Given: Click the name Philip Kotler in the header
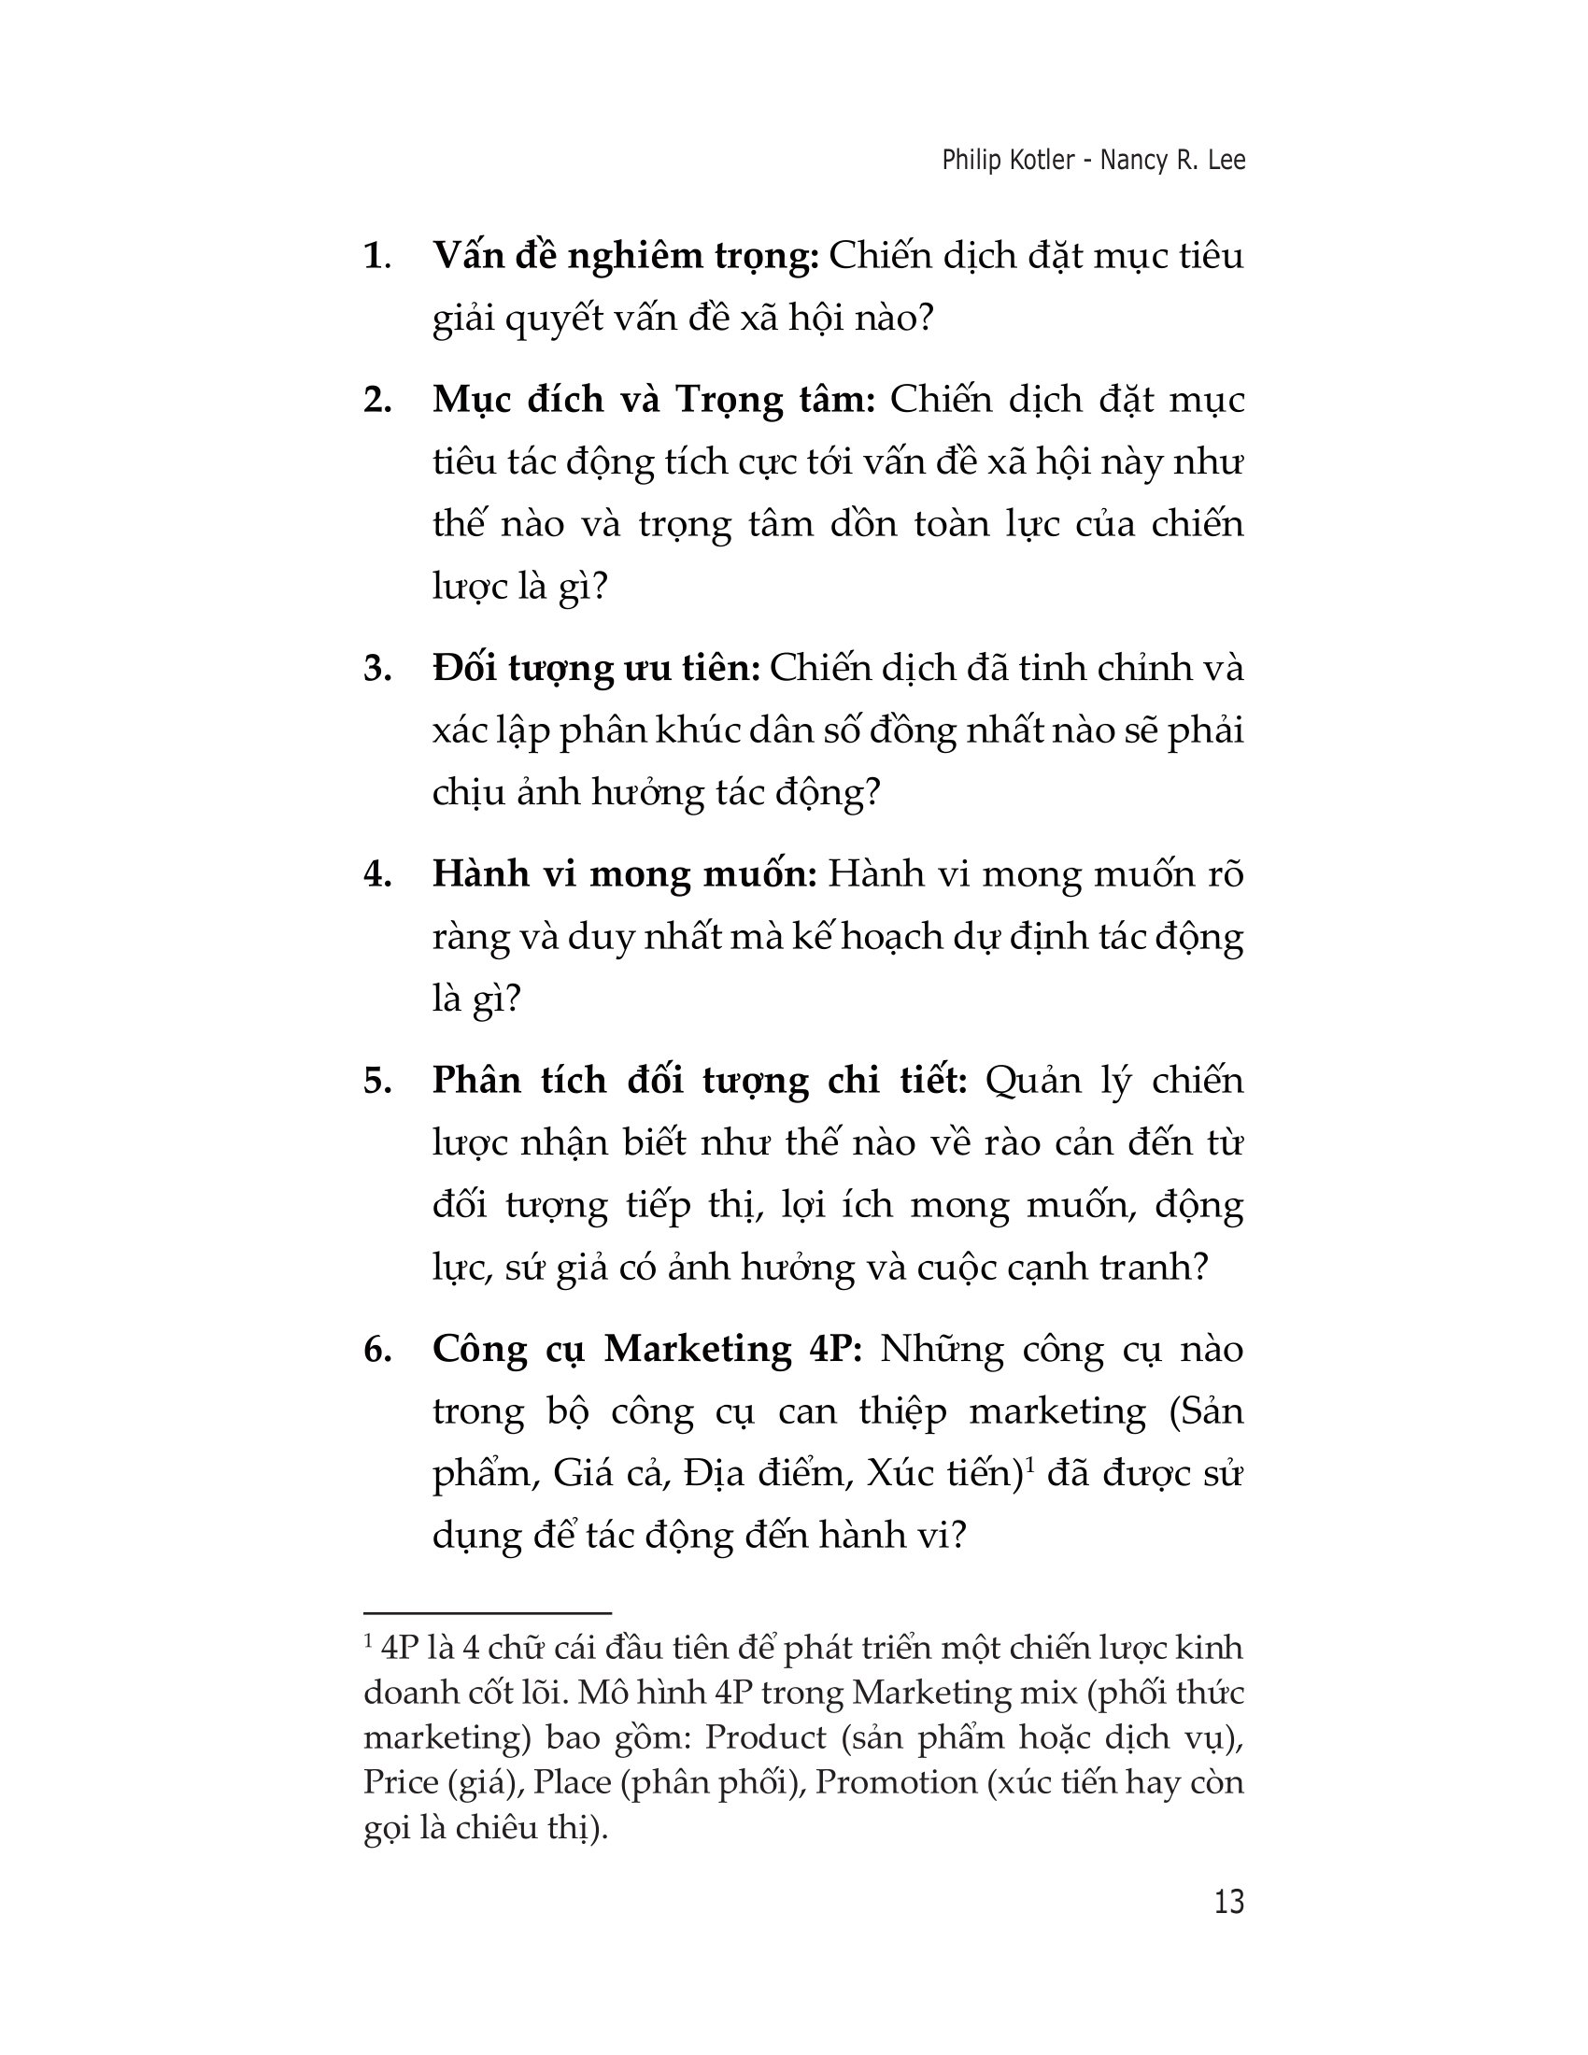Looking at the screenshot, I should pyautogui.click(x=1008, y=161).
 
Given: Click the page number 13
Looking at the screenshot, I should pyautogui.click(x=1228, y=1902).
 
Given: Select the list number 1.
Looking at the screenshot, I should pyautogui.click(x=376, y=257).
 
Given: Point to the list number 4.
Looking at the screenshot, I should pyautogui.click(x=376, y=875).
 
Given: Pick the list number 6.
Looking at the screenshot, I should pyautogui.click(x=376, y=1351).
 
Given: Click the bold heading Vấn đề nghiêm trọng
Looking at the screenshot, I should pyautogui.click(x=626, y=257).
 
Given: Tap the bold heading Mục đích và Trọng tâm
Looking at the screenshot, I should pyautogui.click(x=654, y=401).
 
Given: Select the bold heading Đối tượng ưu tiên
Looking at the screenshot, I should pyautogui.click(x=596, y=669).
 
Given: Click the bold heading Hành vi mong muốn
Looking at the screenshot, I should pyautogui.click(x=624, y=875).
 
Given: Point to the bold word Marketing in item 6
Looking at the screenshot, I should pyautogui.click(x=698, y=1351).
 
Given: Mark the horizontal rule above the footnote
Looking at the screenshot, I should pyautogui.click(x=488, y=1614).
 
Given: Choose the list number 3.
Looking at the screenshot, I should pyautogui.click(x=376, y=669).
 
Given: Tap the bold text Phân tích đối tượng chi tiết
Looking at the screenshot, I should pyautogui.click(x=699, y=1081).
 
